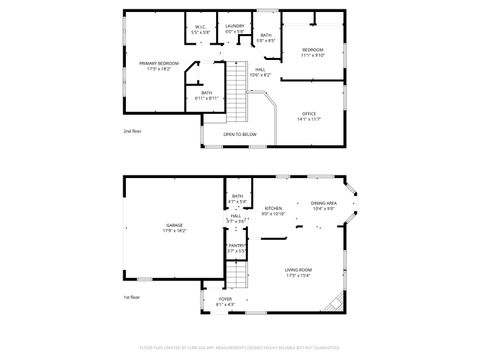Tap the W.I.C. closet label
pos(201,28)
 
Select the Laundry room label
pos(235,28)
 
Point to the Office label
pos(309,116)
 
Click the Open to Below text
pos(240,134)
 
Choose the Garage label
pos(174,228)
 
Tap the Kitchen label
pos(273,210)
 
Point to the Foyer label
pos(225,299)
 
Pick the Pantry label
pos(236,247)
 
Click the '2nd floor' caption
pos(132,132)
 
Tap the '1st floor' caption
pos(132,297)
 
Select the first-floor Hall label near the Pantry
pos(236,217)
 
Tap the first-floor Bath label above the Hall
pos(237,198)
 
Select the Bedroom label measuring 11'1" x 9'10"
pos(313,51)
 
